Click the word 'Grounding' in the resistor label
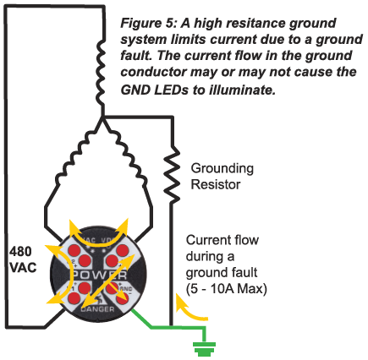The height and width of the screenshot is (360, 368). [x=223, y=168]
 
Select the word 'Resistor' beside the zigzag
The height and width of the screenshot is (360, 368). [x=216, y=185]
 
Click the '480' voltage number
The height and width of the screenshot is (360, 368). [x=20, y=252]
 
